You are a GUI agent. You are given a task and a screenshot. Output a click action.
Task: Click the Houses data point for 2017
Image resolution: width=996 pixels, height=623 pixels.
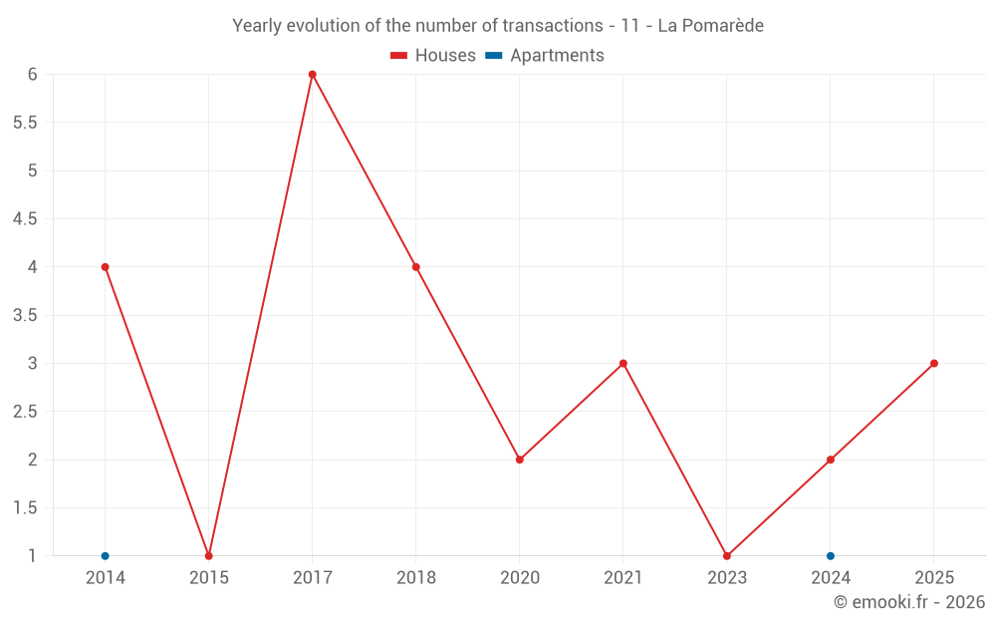click(312, 75)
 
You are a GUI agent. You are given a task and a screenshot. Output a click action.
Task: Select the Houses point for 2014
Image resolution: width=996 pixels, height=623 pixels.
click(105, 267)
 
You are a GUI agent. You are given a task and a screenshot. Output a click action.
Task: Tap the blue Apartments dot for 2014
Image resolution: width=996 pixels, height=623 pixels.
click(105, 556)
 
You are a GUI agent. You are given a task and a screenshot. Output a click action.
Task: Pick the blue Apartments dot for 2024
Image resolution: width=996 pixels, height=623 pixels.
click(830, 556)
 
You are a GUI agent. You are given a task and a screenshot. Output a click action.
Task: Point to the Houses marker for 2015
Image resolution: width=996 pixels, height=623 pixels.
click(208, 556)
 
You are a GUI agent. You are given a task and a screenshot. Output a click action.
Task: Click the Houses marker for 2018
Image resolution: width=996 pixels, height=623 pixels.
click(415, 267)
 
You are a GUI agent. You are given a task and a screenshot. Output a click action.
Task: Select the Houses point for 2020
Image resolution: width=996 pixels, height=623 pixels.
click(519, 460)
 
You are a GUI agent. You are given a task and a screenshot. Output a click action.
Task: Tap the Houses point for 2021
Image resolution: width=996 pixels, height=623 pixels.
click(622, 364)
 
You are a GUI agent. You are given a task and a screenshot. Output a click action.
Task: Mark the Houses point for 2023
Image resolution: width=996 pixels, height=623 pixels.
click(726, 556)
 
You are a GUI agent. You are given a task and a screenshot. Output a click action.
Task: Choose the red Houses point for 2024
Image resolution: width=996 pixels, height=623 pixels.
click(830, 460)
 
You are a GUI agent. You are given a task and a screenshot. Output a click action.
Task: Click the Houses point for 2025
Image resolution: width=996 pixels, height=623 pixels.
click(933, 364)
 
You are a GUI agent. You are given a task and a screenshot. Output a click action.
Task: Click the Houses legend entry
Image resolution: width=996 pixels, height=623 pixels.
click(433, 56)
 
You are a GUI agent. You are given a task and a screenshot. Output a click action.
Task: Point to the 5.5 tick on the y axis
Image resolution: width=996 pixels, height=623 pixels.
click(25, 123)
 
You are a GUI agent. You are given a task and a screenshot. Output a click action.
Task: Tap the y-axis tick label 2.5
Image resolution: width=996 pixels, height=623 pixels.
click(25, 412)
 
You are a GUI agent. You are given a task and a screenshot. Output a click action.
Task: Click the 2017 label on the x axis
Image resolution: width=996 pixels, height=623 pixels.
click(312, 578)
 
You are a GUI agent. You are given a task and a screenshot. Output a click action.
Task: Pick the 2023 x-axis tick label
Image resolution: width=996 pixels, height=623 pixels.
click(726, 578)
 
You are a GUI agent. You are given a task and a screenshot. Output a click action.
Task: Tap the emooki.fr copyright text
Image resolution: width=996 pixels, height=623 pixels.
click(909, 602)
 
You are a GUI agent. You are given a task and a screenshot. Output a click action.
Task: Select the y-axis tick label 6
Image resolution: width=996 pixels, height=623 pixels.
click(33, 75)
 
